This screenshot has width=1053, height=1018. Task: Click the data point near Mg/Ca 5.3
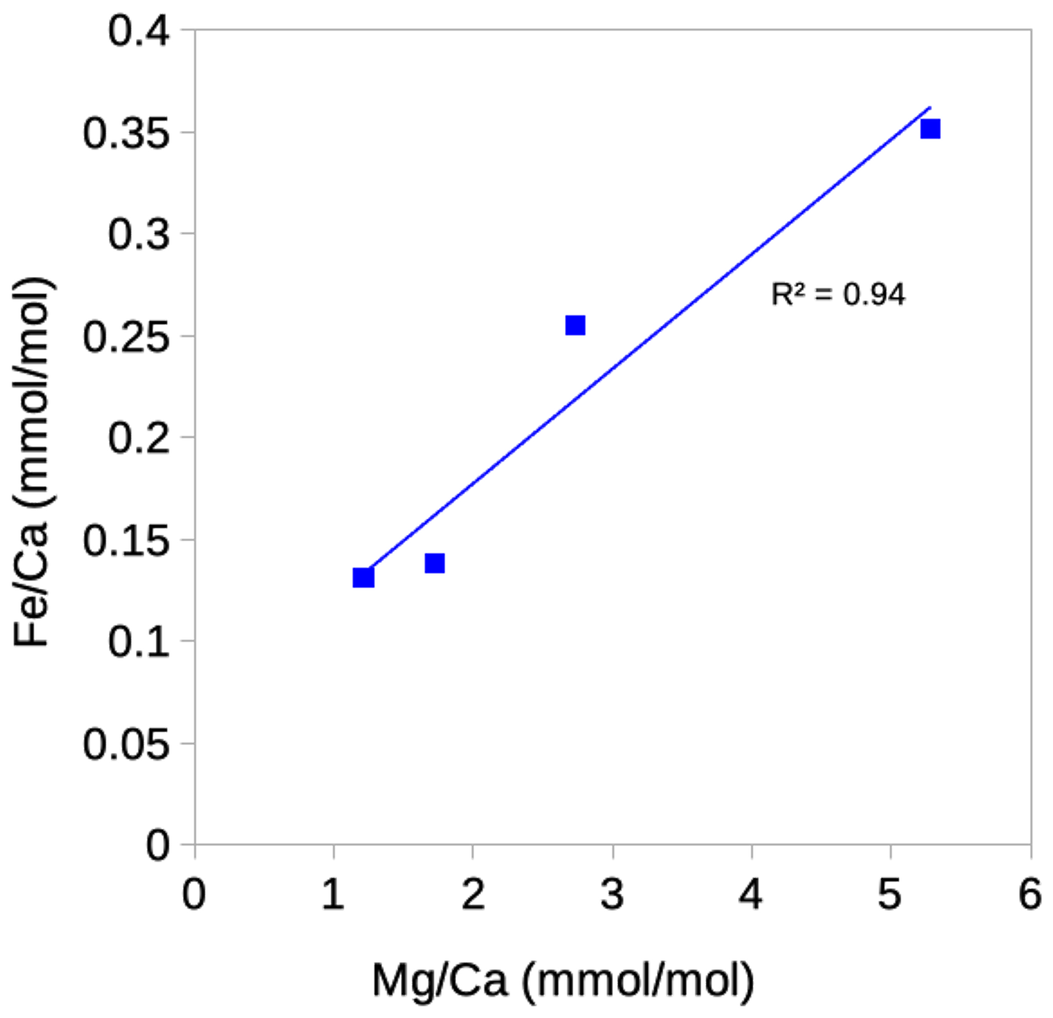pos(930,129)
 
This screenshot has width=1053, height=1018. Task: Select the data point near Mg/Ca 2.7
pos(575,325)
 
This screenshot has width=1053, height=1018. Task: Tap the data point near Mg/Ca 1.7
pos(435,563)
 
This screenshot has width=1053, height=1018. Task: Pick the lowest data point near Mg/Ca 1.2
pos(363,578)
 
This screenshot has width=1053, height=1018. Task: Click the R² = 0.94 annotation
pos(838,294)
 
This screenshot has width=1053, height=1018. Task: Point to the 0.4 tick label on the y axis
pos(138,31)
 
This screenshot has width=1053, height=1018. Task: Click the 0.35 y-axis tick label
pos(126,133)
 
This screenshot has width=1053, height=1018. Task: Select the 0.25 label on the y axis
pos(126,336)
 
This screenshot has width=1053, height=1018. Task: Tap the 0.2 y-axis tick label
pos(138,438)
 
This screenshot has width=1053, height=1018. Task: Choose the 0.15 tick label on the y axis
pos(126,540)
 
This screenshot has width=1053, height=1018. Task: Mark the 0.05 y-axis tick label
pos(126,744)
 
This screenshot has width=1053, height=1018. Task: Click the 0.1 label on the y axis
pos(138,641)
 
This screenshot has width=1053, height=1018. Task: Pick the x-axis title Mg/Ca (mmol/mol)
pos(563,980)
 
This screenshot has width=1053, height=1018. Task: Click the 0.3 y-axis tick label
pos(138,234)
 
